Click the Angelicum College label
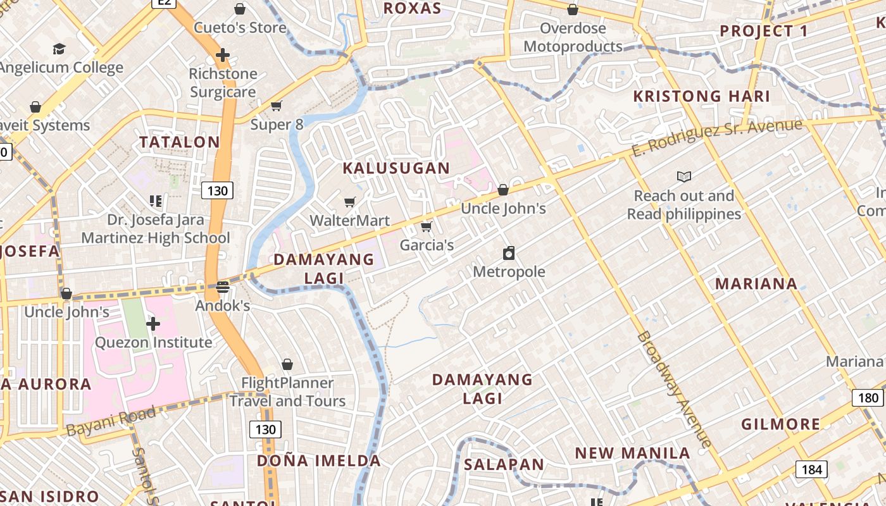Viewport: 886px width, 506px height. [x=61, y=68]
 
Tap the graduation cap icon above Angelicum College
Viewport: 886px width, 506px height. [x=59, y=49]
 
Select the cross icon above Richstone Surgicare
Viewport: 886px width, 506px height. [x=223, y=55]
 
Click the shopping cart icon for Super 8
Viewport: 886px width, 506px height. [x=276, y=106]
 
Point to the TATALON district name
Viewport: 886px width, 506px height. [x=179, y=142]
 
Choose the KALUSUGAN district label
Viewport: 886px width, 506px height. [x=396, y=168]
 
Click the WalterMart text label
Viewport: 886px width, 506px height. [x=349, y=221]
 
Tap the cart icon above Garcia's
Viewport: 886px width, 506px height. [x=427, y=226]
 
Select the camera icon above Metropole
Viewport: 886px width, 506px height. [x=509, y=254]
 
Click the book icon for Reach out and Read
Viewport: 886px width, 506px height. [x=684, y=176]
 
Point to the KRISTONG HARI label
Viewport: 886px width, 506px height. [x=702, y=97]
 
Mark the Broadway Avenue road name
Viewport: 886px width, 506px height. [x=674, y=388]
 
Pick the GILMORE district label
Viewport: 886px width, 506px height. [x=780, y=424]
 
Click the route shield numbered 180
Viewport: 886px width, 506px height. [x=868, y=398]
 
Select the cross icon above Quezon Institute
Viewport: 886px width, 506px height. [x=153, y=324]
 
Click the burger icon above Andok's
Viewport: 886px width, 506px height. [x=222, y=287]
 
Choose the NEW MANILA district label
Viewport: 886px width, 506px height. [x=632, y=454]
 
